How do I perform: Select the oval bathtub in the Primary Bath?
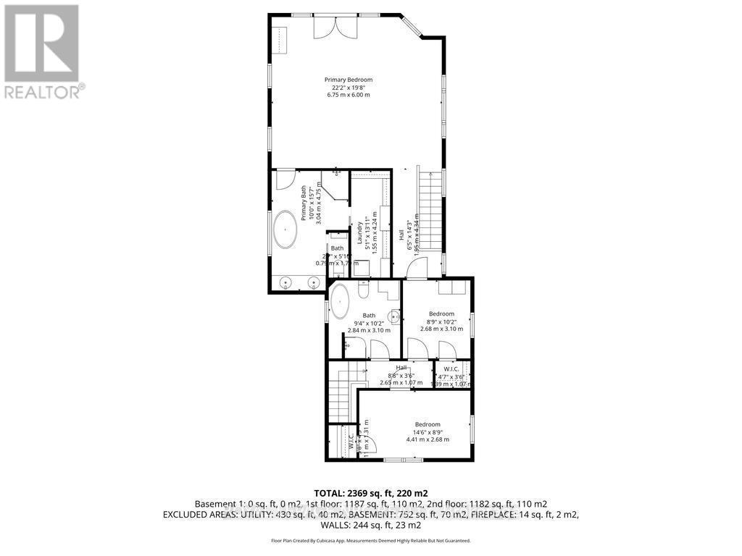pyautogui.click(x=284, y=231)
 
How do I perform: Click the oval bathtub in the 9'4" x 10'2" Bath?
pyautogui.click(x=339, y=302)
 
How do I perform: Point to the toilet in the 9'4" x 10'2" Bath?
pyautogui.click(x=364, y=291)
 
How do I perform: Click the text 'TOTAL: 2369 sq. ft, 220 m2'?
pyautogui.click(x=370, y=492)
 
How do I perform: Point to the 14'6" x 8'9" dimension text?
pyautogui.click(x=427, y=432)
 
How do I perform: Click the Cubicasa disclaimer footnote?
pyautogui.click(x=370, y=541)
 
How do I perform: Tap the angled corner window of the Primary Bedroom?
pyautogui.click(x=414, y=26)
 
